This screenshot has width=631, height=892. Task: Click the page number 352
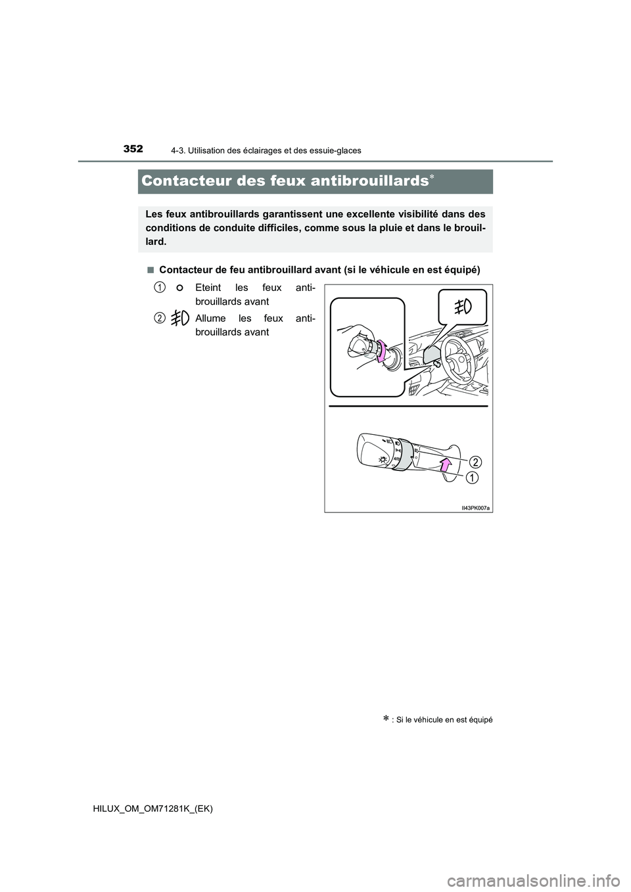click(x=132, y=149)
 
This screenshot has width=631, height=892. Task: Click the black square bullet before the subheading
click(x=151, y=270)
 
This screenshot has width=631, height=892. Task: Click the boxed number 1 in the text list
click(x=160, y=287)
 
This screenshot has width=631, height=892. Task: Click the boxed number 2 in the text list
click(x=160, y=318)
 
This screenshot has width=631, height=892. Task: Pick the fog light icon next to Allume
click(x=179, y=319)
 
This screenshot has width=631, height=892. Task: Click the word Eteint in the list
click(x=210, y=288)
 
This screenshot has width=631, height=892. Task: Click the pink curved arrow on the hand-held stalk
click(x=380, y=350)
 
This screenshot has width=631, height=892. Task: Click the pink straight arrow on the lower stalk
click(x=446, y=465)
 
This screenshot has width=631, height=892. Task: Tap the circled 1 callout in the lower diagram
click(x=472, y=478)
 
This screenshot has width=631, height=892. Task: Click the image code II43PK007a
click(x=475, y=508)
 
